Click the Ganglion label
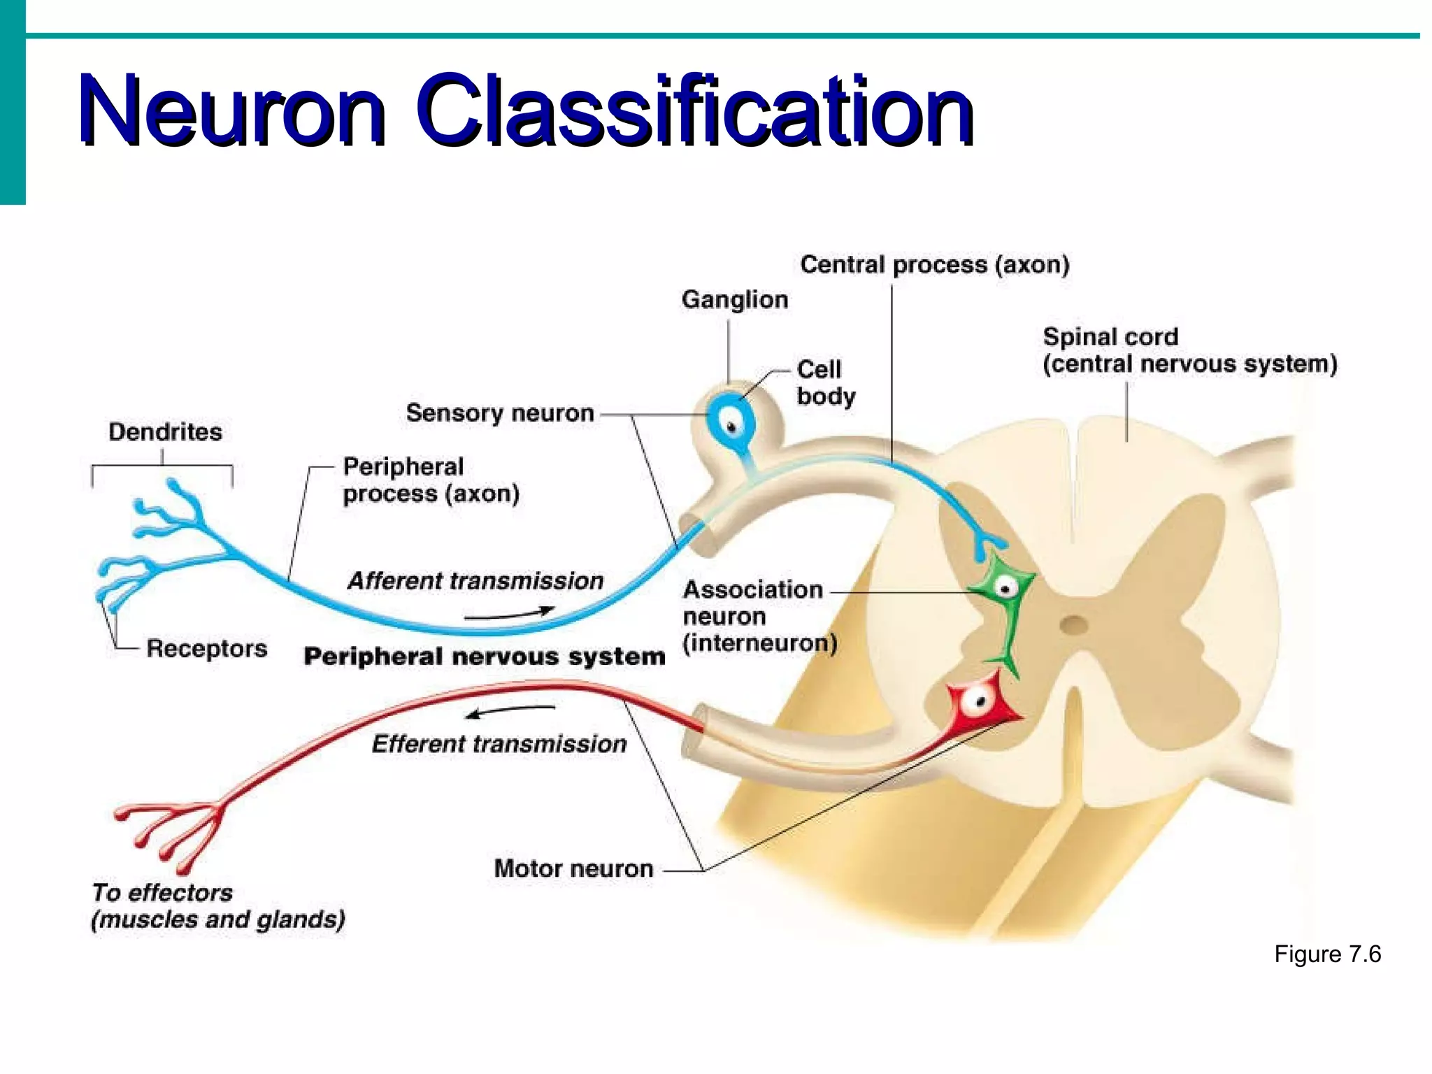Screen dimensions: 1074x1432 (734, 300)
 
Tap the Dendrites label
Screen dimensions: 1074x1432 (165, 432)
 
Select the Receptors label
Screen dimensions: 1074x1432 (206, 649)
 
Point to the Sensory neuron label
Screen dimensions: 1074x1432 (499, 413)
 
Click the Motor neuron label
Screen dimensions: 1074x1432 (573, 869)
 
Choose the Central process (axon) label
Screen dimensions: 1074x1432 (934, 265)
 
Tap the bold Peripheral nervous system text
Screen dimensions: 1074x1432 (484, 657)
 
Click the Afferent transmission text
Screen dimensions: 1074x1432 (475, 581)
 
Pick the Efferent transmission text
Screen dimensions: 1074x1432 (499, 744)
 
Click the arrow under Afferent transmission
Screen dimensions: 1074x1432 (509, 615)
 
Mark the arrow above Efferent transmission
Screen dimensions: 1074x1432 (510, 710)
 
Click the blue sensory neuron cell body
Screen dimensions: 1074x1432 (731, 424)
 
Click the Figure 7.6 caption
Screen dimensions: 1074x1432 (1326, 954)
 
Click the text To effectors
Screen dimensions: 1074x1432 (162, 893)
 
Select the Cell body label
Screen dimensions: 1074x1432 (824, 382)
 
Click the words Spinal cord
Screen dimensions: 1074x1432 (1110, 337)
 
